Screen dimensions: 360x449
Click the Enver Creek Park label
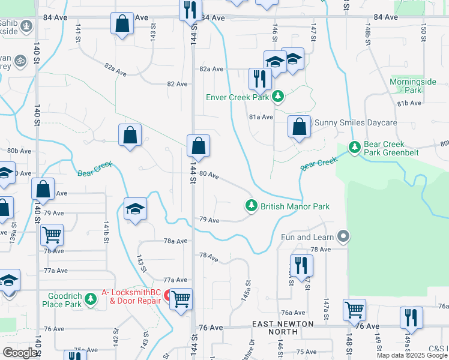237,97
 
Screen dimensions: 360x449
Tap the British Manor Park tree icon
252,206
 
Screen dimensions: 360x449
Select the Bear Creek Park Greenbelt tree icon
355,146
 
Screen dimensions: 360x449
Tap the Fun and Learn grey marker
343,236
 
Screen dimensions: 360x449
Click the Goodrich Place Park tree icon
90,298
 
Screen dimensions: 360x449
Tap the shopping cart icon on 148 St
354,310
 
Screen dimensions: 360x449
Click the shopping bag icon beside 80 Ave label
198,145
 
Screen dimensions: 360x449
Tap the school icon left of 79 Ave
136,209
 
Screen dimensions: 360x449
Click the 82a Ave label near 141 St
116,69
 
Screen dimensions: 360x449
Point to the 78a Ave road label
176,241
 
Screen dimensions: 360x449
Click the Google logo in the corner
20,352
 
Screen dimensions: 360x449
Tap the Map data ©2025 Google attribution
412,355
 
